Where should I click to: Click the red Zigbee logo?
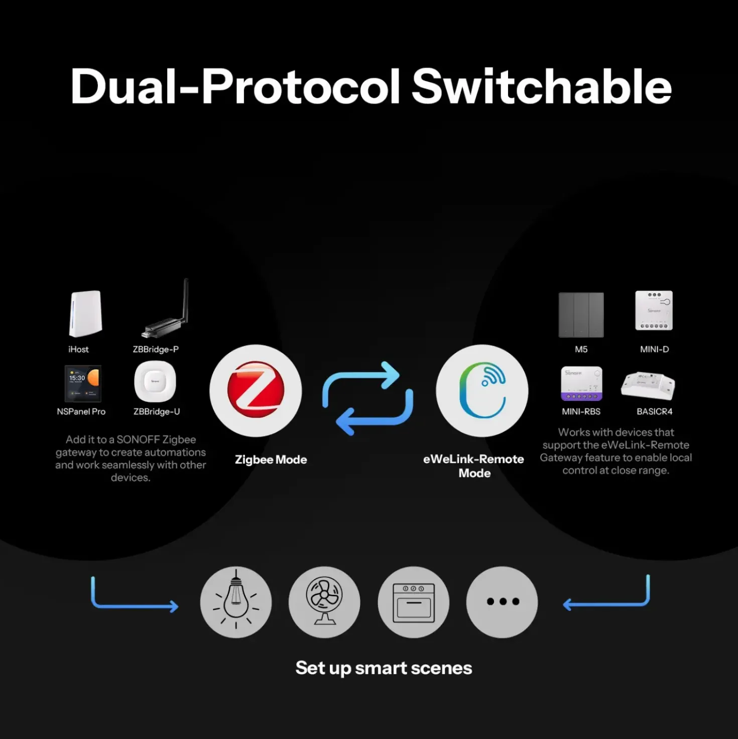(256, 390)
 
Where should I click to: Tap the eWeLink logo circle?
(482, 390)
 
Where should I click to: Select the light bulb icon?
(236, 602)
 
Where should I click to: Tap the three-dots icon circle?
(502, 602)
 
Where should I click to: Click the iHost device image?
(85, 313)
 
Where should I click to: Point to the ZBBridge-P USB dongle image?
(165, 309)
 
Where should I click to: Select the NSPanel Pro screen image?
(83, 383)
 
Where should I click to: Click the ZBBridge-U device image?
(155, 382)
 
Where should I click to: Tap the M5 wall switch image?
(581, 315)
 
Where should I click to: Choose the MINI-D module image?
(654, 310)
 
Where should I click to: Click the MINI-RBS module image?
(581, 383)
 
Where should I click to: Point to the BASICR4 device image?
(648, 386)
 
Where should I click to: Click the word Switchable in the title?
(541, 86)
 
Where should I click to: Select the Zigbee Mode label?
(271, 460)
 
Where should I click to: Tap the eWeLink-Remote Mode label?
(474, 466)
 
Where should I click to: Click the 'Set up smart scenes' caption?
(384, 668)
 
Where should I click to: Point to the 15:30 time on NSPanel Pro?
(77, 378)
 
